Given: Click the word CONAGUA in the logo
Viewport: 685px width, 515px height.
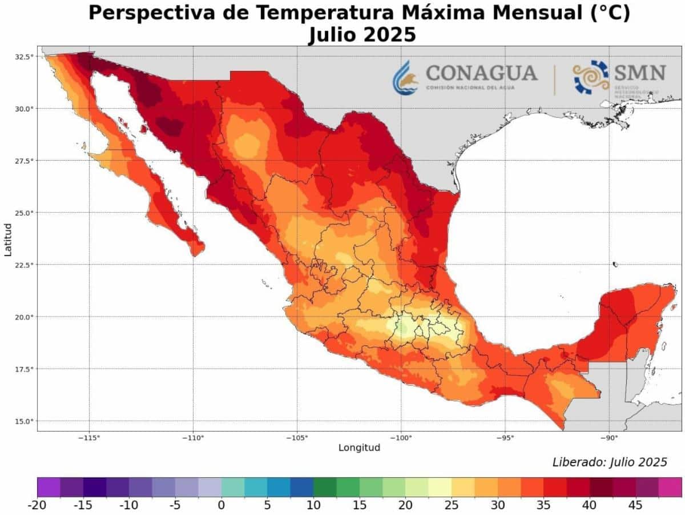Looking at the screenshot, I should [x=481, y=73].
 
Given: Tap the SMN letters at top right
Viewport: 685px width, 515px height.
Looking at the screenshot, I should [x=640, y=73].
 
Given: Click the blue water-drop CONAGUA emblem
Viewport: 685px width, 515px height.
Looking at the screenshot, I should [x=405, y=77].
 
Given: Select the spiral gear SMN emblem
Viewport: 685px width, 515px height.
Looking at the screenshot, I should [x=591, y=77].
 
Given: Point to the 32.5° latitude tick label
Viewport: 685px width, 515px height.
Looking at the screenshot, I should [x=24, y=57].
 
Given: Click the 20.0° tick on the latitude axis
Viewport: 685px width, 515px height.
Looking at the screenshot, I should [x=24, y=317].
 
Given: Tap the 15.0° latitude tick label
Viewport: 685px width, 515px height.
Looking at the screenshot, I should [x=24, y=421].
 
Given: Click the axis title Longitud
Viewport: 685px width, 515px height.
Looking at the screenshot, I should [x=359, y=448].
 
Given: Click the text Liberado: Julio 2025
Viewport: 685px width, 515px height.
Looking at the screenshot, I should [x=609, y=462].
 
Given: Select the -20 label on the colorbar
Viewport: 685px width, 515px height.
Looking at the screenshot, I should [x=38, y=505].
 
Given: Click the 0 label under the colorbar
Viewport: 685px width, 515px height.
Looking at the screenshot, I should [x=221, y=505].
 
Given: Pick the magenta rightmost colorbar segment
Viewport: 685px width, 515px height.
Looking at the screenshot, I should [x=670, y=487].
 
